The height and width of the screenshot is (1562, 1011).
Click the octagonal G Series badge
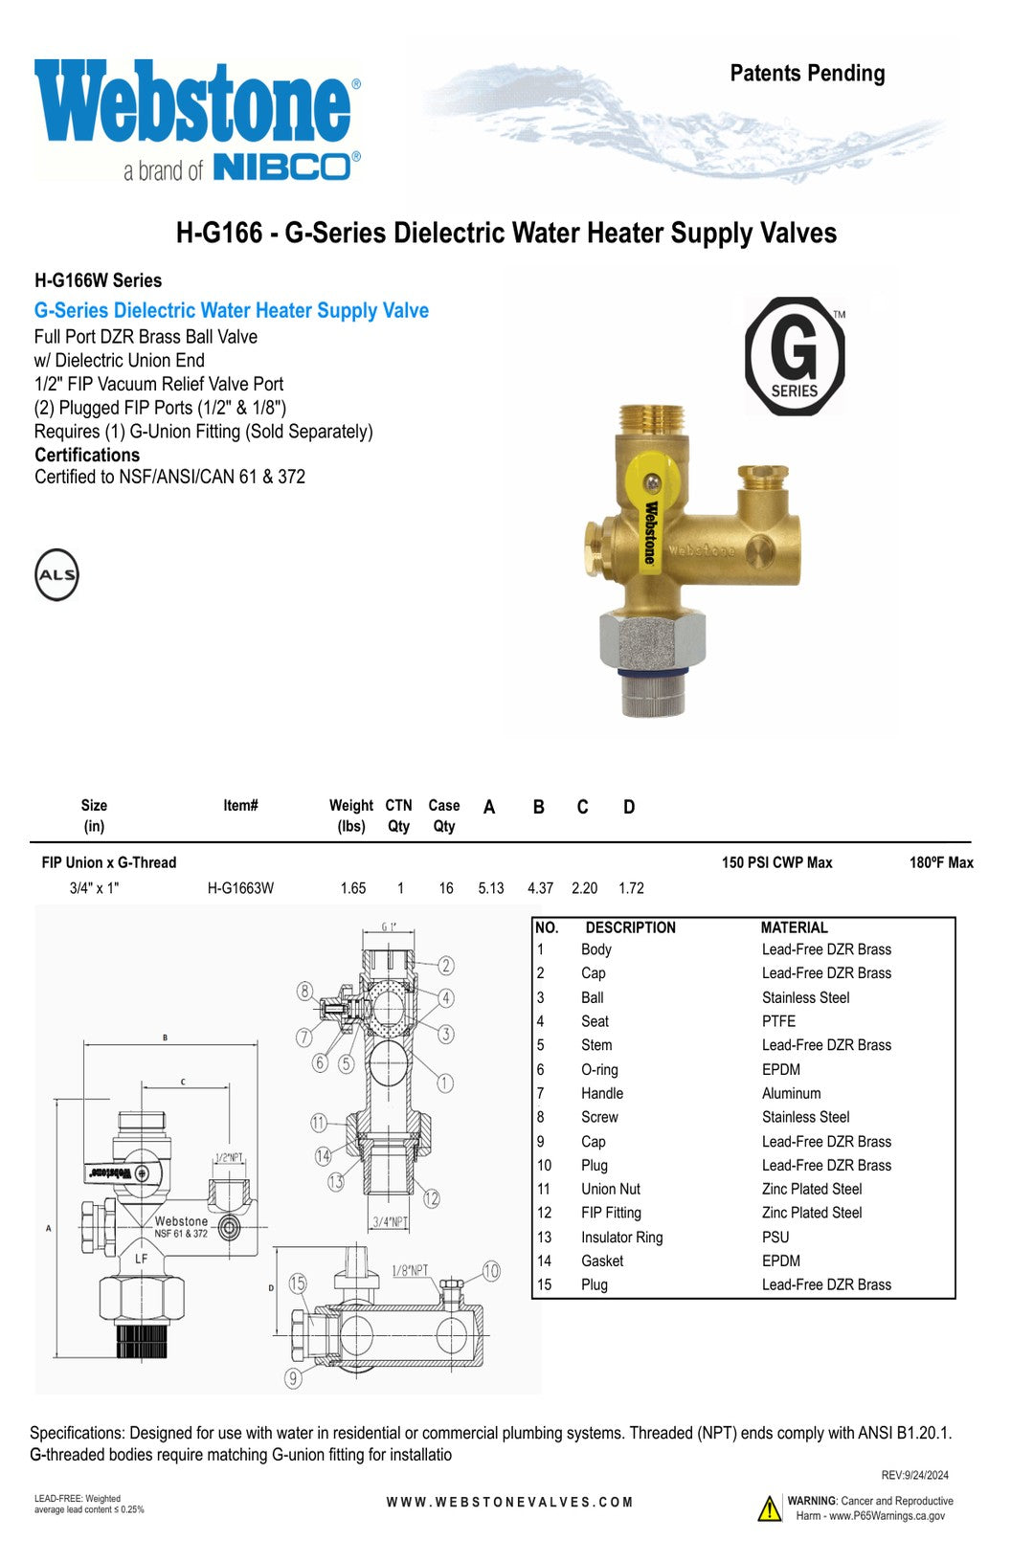tap(795, 356)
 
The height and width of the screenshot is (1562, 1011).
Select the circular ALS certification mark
tap(56, 574)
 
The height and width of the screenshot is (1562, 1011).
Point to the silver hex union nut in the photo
tap(653, 639)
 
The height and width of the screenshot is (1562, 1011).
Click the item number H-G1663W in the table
tap(240, 888)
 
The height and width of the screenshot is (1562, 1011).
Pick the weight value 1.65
tap(353, 888)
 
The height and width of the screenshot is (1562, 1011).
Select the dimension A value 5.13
tap(491, 888)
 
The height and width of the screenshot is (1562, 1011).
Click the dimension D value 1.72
tap(632, 888)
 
